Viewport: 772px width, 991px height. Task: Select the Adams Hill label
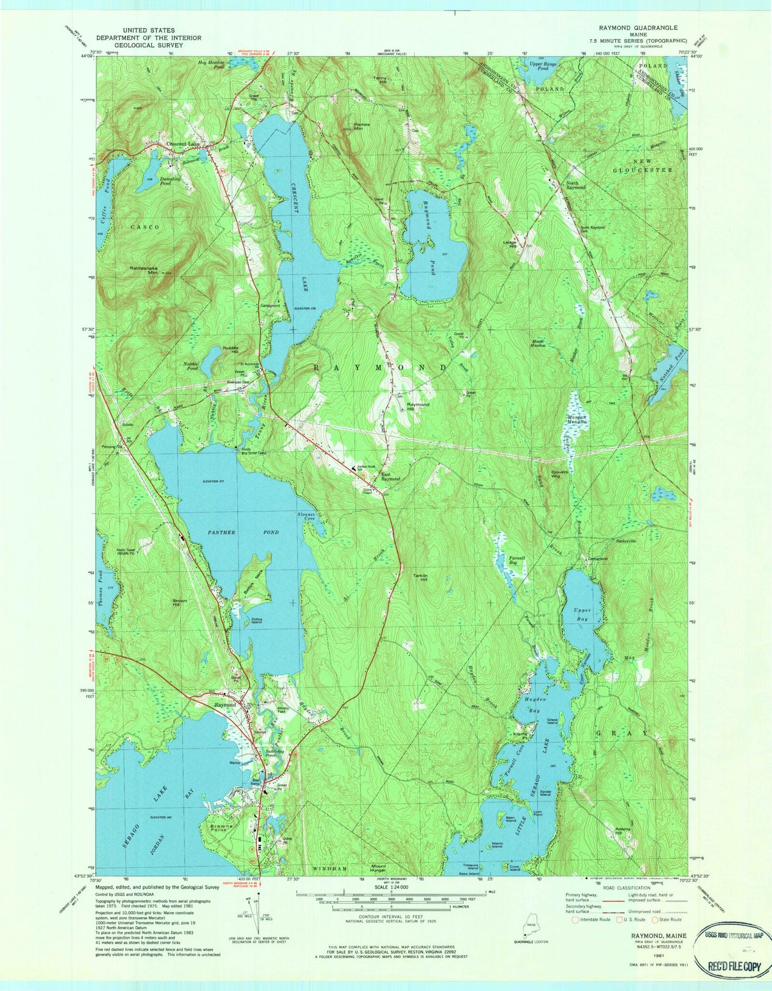point(624,831)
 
